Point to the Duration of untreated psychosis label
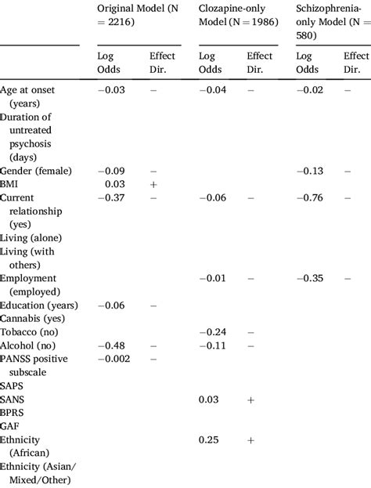click(x=31, y=136)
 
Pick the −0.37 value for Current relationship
click(x=110, y=197)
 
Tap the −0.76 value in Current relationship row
click(x=312, y=197)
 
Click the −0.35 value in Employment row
click(x=312, y=278)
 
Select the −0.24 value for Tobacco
click(x=212, y=332)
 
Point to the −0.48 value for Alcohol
click(x=110, y=345)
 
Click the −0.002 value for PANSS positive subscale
click(x=113, y=359)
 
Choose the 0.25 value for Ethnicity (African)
click(x=209, y=440)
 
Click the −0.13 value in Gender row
click(x=312, y=170)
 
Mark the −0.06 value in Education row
click(x=110, y=305)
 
